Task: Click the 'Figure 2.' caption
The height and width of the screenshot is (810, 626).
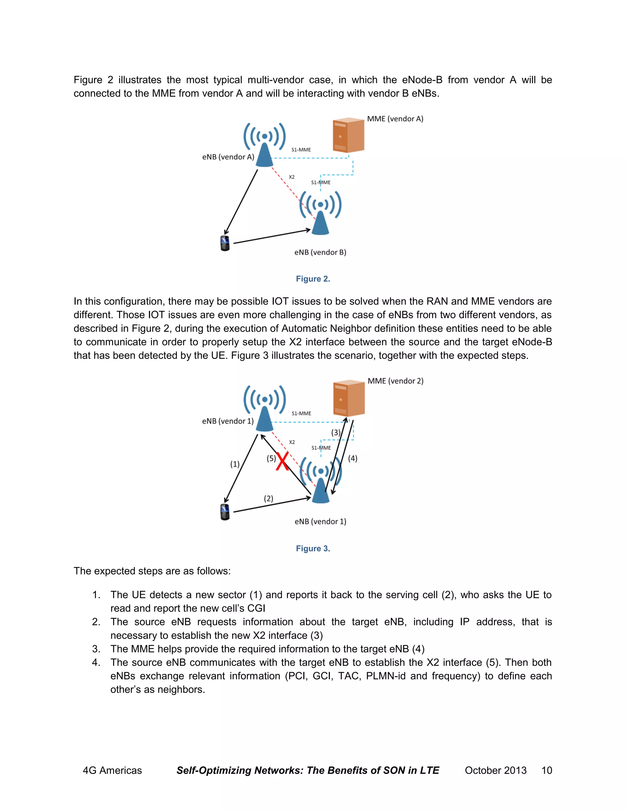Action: point(313,279)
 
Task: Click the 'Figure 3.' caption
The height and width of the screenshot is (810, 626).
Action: point(313,549)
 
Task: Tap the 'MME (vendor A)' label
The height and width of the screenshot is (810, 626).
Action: point(395,119)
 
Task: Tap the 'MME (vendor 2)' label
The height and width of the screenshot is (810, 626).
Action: point(395,381)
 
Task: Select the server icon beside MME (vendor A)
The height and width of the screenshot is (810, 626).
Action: point(348,135)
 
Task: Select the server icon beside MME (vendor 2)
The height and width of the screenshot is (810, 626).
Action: point(348,398)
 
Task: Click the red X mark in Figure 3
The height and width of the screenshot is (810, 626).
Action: point(282,462)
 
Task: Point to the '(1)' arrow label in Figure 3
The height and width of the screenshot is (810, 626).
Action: point(235,464)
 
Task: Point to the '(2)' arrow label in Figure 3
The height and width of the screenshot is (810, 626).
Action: point(268,499)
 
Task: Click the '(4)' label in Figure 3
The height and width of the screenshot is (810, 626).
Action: point(353,458)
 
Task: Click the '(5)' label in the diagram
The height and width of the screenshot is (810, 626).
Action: point(271,458)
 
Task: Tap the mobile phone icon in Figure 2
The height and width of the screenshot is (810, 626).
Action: point(225,243)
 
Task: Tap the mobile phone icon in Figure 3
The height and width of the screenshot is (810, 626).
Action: point(225,512)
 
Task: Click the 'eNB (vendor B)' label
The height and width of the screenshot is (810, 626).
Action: point(320,252)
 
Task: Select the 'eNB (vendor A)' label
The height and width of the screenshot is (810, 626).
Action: point(228,157)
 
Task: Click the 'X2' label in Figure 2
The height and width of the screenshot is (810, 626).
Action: point(292,177)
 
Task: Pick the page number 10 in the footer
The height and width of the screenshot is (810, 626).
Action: point(547,770)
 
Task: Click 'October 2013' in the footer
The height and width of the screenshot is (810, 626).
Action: point(495,770)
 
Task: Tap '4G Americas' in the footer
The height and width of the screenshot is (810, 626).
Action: point(112,770)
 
